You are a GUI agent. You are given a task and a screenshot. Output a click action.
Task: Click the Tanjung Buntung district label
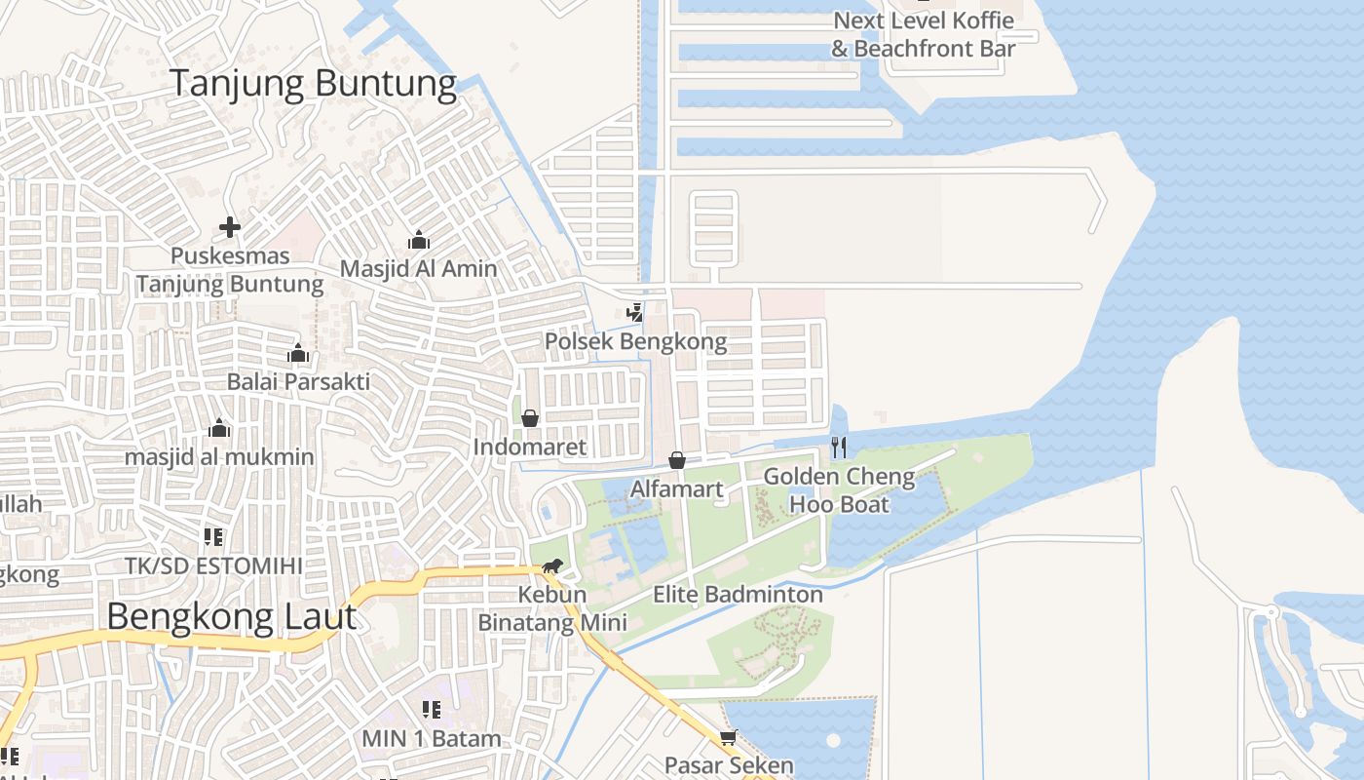(313, 84)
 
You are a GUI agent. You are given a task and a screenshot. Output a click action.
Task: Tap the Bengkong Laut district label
(231, 617)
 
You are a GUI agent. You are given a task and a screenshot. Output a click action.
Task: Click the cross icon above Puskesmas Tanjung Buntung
(230, 228)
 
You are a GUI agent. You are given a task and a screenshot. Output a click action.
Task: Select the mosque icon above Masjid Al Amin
(419, 240)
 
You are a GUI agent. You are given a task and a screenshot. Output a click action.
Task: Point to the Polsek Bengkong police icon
(635, 313)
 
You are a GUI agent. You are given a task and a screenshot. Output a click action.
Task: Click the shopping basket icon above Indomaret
(530, 418)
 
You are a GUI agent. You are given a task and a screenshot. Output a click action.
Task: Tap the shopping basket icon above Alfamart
(676, 459)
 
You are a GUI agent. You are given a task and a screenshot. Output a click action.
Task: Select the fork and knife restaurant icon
(839, 448)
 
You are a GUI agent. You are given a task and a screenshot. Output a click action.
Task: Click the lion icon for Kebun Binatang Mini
(552, 566)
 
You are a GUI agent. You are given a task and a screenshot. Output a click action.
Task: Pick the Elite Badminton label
(738, 594)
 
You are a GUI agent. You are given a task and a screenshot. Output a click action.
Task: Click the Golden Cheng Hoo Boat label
(839, 490)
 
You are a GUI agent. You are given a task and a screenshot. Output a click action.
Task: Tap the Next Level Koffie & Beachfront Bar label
(923, 34)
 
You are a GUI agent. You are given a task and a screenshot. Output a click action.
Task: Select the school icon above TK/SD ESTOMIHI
(213, 536)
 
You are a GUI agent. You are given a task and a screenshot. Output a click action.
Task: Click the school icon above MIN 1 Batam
(431, 710)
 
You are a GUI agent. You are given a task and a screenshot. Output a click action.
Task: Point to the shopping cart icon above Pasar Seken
(728, 737)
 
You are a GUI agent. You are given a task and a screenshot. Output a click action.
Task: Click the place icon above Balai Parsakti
(298, 353)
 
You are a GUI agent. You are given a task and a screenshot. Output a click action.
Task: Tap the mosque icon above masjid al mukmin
(219, 429)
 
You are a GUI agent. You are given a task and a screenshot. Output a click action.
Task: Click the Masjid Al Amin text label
(418, 269)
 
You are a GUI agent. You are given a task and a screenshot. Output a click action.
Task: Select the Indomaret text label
(530, 448)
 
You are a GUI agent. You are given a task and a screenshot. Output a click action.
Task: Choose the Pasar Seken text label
(729, 765)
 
